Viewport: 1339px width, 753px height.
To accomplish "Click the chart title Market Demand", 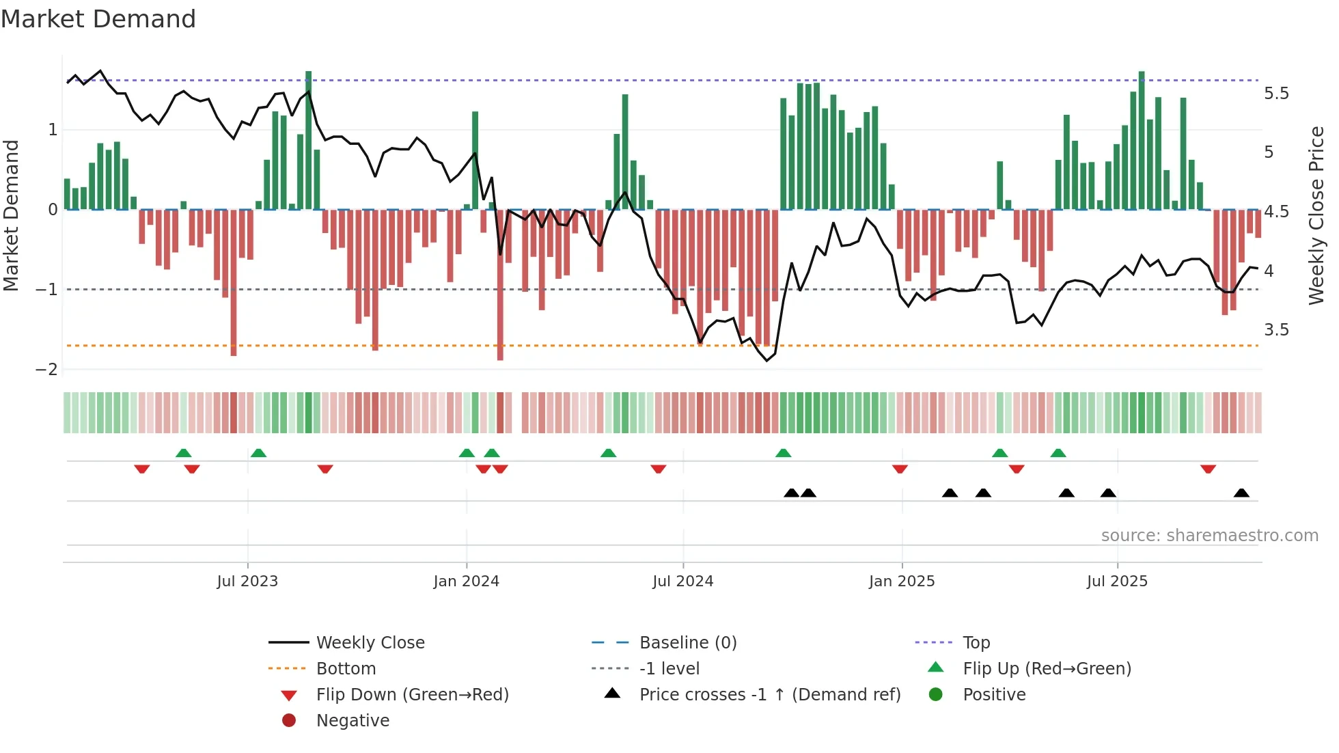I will click(x=98, y=18).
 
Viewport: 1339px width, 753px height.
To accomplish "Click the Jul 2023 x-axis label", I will click(x=247, y=581).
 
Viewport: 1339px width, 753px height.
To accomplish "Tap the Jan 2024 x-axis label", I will click(x=466, y=581).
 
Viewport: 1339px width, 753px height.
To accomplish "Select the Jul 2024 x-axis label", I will click(x=682, y=581).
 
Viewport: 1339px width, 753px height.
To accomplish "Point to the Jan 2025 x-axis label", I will click(x=902, y=581).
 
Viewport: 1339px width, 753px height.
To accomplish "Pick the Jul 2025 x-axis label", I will click(x=1117, y=581).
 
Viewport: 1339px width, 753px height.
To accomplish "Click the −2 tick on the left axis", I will click(x=46, y=369).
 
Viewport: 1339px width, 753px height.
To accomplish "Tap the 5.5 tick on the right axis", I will click(x=1276, y=93).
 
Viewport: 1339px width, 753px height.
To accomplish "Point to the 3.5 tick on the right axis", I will click(x=1276, y=329).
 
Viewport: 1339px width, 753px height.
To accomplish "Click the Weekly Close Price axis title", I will click(x=1316, y=215).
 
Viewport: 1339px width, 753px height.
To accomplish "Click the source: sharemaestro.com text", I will click(x=1209, y=535).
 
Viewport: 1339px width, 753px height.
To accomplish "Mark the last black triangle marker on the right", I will click(x=1241, y=493).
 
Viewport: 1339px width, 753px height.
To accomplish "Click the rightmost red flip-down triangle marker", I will click(x=1208, y=469).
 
